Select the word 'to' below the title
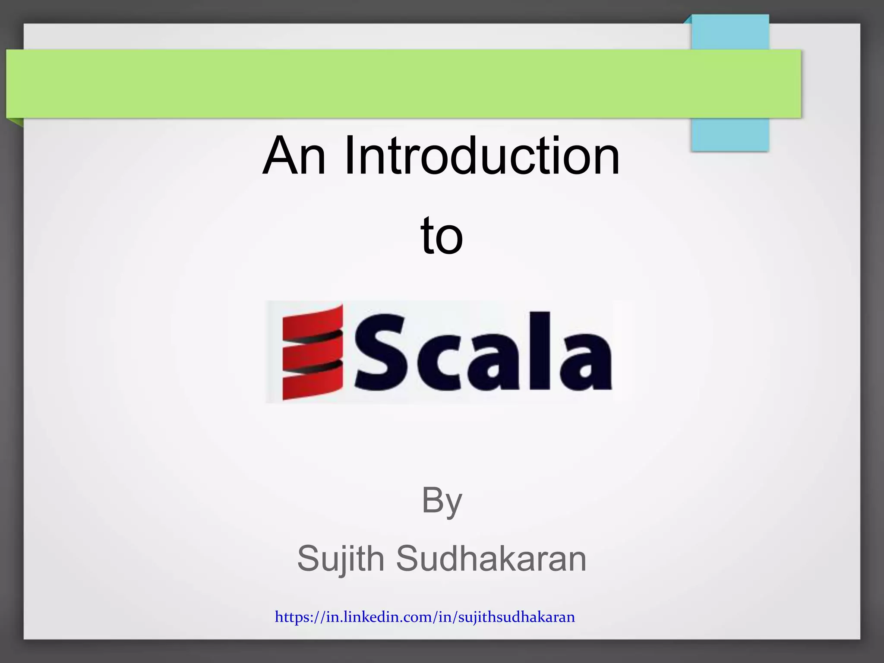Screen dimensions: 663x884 (x=442, y=236)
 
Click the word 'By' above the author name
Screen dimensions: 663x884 (x=442, y=501)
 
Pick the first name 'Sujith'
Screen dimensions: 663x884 (x=341, y=559)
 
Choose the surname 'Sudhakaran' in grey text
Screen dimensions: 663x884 (x=491, y=559)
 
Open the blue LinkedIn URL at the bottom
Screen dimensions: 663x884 (x=425, y=617)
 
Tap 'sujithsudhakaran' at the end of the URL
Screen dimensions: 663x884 (x=516, y=617)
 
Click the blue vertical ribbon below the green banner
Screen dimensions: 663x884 (x=730, y=134)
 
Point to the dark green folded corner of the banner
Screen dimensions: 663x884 (x=16, y=122)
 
